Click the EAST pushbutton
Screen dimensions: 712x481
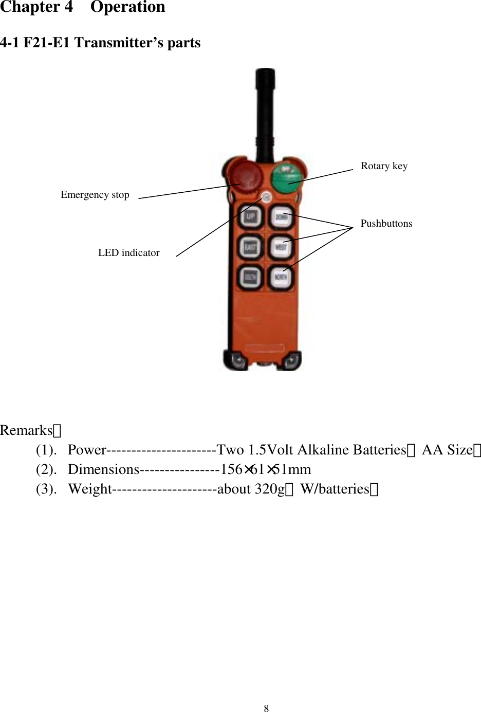tap(250, 247)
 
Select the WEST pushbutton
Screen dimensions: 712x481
tap(281, 247)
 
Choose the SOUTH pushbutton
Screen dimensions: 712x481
tap(250, 278)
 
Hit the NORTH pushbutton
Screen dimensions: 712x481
tap(281, 278)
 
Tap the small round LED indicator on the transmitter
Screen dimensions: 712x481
tap(266, 196)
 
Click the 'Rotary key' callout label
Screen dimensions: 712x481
tap(384, 166)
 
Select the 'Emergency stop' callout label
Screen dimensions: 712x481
tap(95, 195)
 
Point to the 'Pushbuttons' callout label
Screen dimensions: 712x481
tap(386, 224)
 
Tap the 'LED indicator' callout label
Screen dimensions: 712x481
tap(128, 253)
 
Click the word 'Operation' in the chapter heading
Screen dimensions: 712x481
tap(128, 7)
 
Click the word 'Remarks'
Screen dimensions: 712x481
tap(27, 430)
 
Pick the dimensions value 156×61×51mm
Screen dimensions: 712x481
tap(266, 469)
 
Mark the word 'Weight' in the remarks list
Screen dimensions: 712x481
tap(89, 489)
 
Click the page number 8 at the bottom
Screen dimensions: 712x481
tap(266, 708)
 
